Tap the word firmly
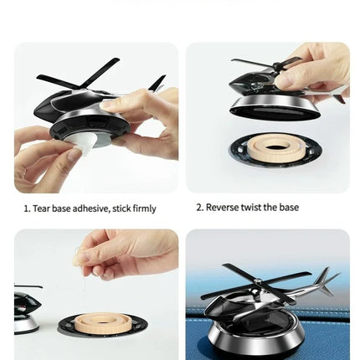tap(142, 208)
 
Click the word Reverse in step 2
tap(221, 208)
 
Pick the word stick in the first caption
tap(118, 208)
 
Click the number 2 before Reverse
tap(199, 208)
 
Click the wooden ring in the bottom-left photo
tap(102, 322)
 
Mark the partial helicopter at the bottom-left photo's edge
tap(25, 310)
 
